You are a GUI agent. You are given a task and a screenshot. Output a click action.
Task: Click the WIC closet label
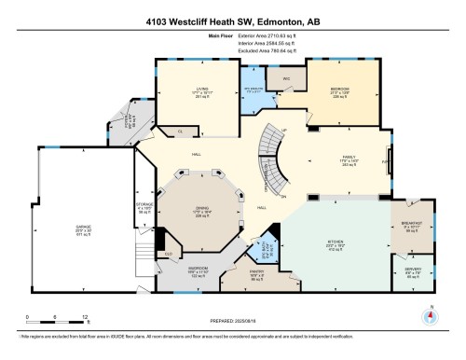coord(287,78)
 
